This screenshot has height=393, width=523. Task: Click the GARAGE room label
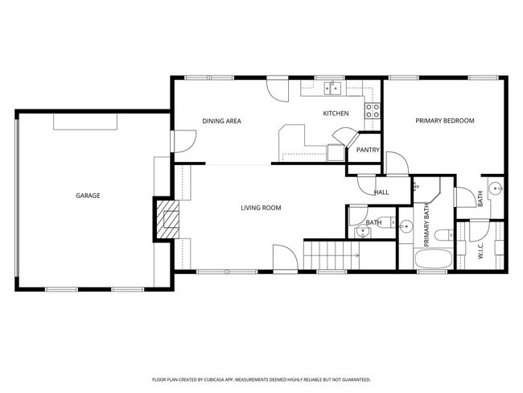(x=88, y=196)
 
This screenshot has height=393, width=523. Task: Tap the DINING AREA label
(x=221, y=122)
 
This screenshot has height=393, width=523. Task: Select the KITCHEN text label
(x=336, y=114)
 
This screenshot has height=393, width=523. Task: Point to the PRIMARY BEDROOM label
(x=444, y=121)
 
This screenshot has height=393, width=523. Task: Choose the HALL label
(x=381, y=192)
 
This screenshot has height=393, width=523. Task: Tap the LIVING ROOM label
(x=261, y=208)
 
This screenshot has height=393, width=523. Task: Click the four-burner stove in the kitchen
(x=373, y=110)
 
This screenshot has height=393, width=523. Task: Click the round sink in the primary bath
(x=406, y=225)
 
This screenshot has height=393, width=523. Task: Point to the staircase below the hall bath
(x=330, y=256)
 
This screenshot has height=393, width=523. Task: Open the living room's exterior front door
(x=284, y=259)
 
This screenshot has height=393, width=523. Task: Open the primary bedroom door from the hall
(x=395, y=163)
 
